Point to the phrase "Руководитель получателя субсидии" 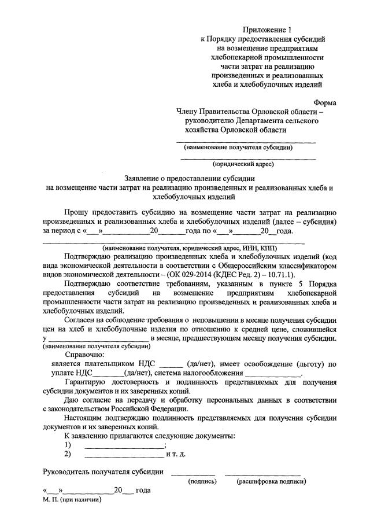(x=103, y=472)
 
